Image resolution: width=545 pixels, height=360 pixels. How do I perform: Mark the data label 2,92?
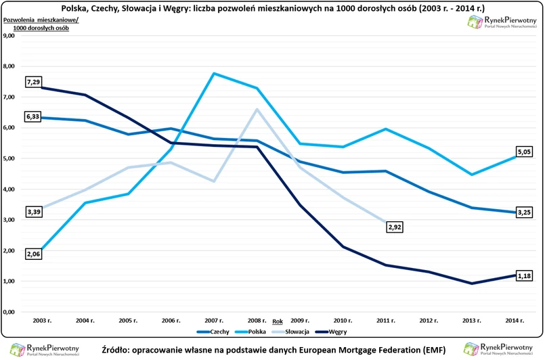tap(395, 227)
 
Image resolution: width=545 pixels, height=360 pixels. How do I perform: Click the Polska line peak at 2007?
tap(214, 73)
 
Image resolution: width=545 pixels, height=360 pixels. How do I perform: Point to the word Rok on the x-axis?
tap(278, 321)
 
